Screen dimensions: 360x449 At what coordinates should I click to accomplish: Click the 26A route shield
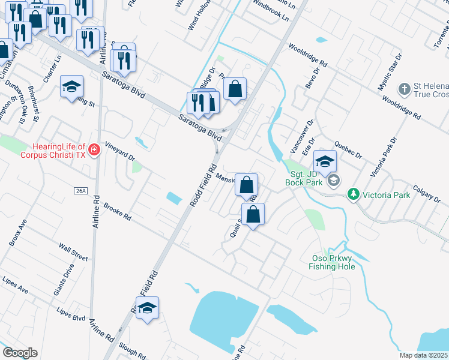(x=81, y=191)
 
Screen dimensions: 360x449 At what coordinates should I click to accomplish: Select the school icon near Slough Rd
(x=147, y=308)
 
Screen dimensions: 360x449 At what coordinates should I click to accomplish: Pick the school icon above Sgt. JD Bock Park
(x=325, y=161)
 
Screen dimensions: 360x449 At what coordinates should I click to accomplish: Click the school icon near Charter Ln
(x=71, y=86)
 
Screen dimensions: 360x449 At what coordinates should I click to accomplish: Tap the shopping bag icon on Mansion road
(x=246, y=185)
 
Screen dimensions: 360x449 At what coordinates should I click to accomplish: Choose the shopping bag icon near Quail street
(x=253, y=214)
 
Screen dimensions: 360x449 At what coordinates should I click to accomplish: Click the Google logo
(x=20, y=353)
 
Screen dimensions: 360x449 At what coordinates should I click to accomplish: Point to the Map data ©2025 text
(x=423, y=355)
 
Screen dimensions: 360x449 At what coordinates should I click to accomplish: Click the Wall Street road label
(x=73, y=251)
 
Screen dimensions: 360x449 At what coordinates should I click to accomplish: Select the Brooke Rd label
(x=117, y=212)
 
